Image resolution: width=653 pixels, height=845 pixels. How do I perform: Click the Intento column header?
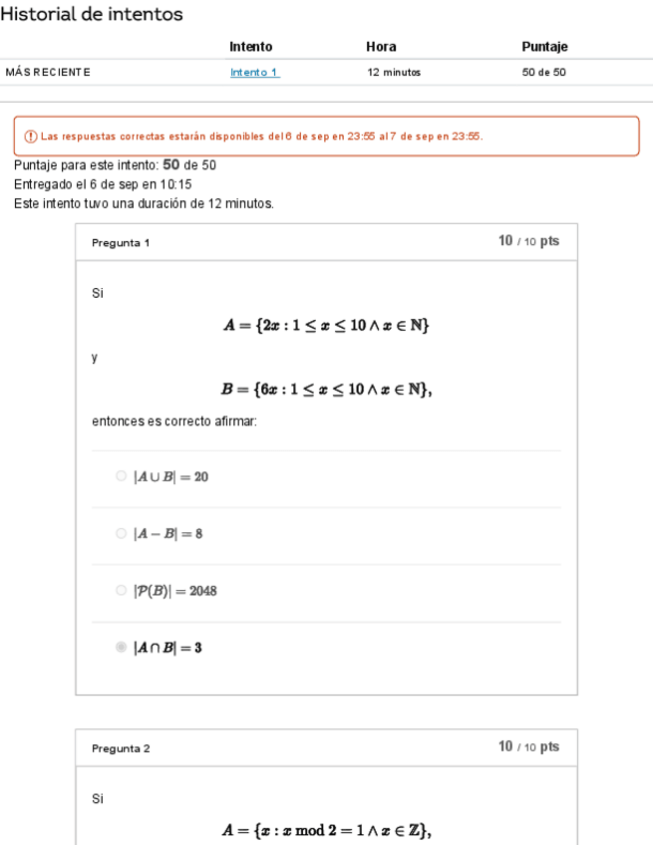coord(250,46)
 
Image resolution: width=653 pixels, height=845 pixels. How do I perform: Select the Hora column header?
coord(381,46)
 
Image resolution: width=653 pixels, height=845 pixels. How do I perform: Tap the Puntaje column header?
coord(544,46)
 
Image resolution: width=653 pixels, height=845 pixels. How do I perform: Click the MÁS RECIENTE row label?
coord(48,72)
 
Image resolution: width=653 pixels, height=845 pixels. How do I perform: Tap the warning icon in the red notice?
coord(24,137)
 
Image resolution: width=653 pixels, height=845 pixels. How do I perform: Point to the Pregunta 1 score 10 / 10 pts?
coord(528,242)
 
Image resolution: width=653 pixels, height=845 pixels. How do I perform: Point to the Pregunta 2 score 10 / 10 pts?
coord(528,747)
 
